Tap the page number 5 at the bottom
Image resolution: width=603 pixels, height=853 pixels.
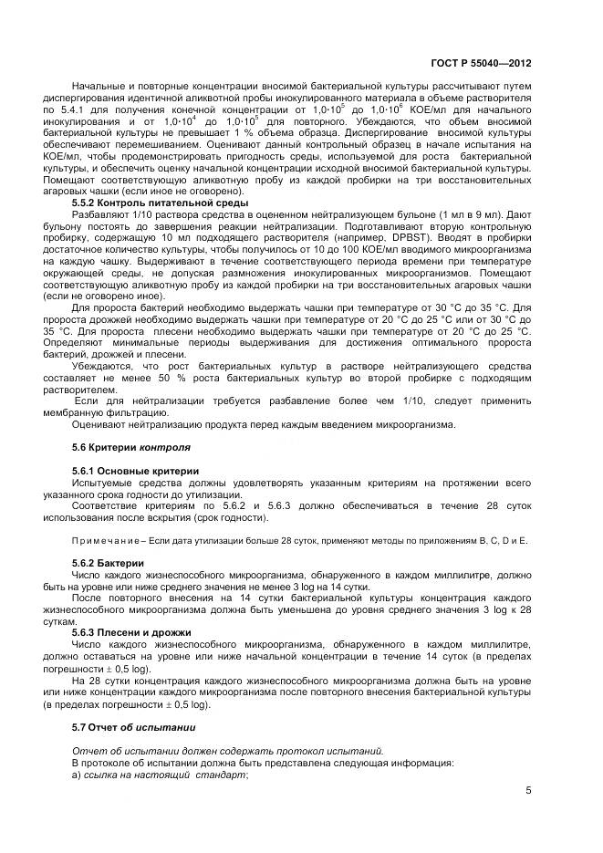coord(528,791)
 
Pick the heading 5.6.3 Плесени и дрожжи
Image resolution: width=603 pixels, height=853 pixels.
coord(131,631)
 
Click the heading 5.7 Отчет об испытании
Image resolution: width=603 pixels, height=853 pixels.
coord(132,726)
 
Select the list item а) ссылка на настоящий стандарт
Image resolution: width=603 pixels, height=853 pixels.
coord(159,774)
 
